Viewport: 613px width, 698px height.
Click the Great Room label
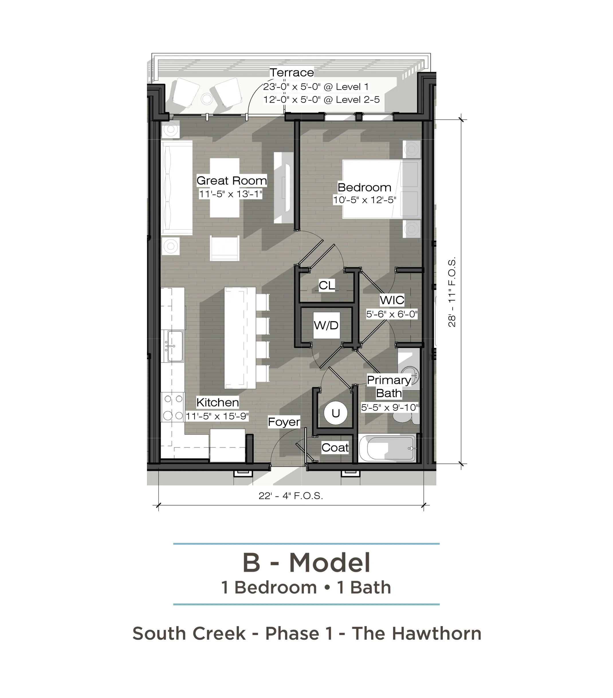pyautogui.click(x=231, y=181)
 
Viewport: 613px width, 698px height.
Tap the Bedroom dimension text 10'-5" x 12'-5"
pyautogui.click(x=365, y=200)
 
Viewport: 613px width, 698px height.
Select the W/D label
pyautogui.click(x=326, y=325)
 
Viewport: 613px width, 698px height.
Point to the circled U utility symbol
pyautogui.click(x=335, y=413)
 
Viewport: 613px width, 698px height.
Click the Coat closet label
pyautogui.click(x=335, y=448)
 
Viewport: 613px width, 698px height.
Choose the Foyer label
pyautogui.click(x=284, y=422)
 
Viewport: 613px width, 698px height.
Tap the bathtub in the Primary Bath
pyautogui.click(x=391, y=448)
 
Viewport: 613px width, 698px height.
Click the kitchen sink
pyautogui.click(x=174, y=346)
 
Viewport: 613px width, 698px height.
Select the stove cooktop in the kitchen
pyautogui.click(x=173, y=407)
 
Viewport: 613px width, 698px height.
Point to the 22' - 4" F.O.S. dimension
pyautogui.click(x=291, y=495)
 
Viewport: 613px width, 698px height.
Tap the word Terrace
pyautogui.click(x=292, y=72)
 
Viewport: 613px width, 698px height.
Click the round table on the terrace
pyautogui.click(x=207, y=99)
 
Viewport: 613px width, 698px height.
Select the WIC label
pyautogui.click(x=392, y=300)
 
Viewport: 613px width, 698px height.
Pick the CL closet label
pyautogui.click(x=327, y=285)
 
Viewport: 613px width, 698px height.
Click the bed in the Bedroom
pyautogui.click(x=382, y=189)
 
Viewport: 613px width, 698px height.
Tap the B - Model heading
pyautogui.click(x=306, y=562)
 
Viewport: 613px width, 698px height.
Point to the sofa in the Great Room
pyautogui.click(x=177, y=187)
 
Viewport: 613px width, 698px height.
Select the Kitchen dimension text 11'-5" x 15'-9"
pyautogui.click(x=217, y=416)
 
